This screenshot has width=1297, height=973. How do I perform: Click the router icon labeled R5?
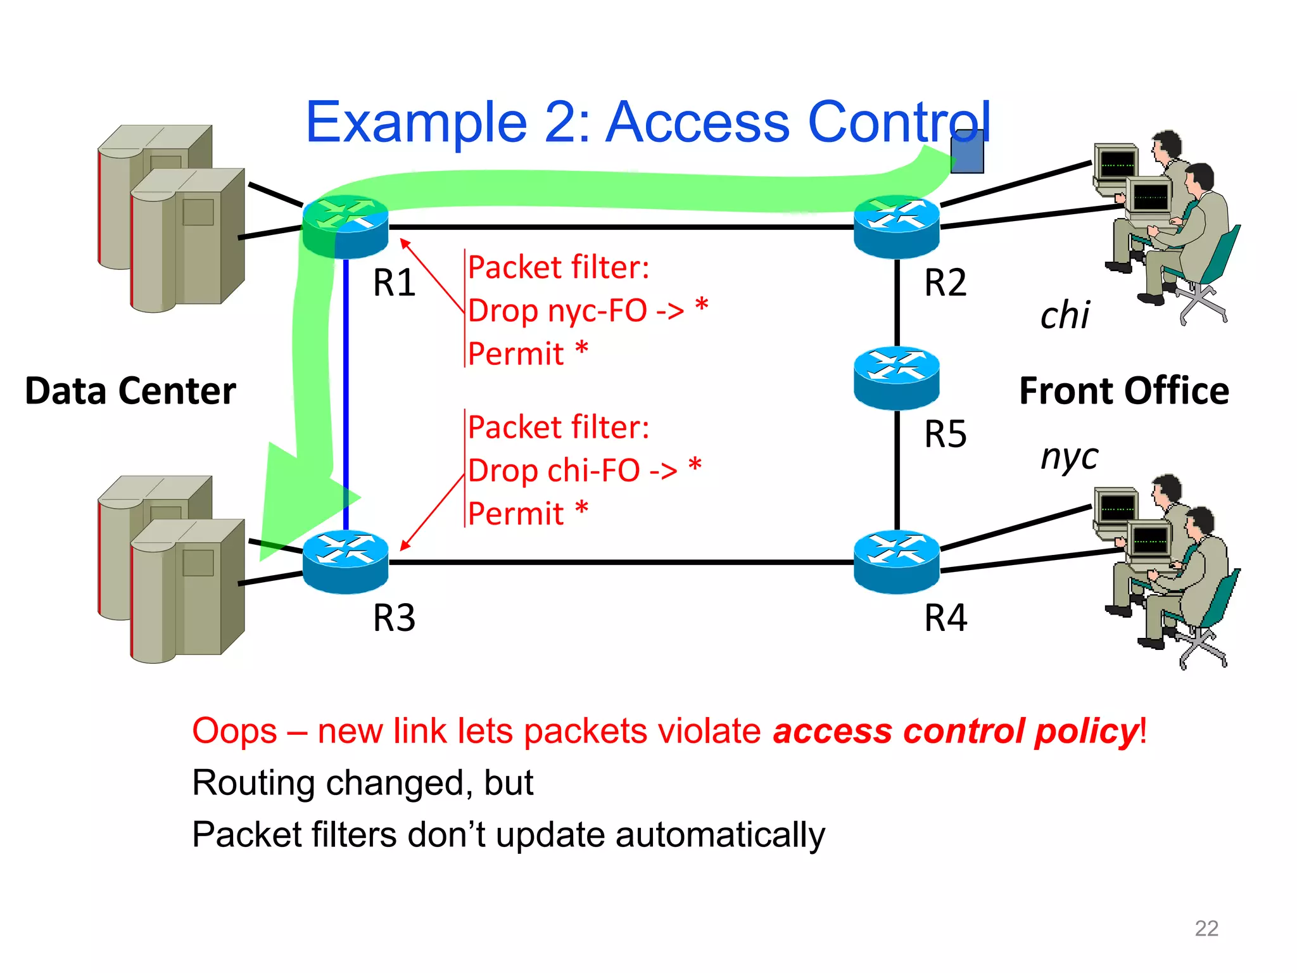[896, 378]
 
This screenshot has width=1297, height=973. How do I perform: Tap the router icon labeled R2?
[896, 227]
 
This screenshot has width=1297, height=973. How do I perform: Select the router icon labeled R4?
[896, 562]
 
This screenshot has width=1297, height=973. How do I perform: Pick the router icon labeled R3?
[345, 562]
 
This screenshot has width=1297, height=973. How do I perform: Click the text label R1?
[394, 283]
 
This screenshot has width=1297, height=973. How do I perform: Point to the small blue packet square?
[967, 152]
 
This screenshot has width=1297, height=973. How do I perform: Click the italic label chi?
[1065, 315]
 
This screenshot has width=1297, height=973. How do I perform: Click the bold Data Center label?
[130, 391]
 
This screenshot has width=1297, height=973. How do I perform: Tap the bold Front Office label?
[1124, 391]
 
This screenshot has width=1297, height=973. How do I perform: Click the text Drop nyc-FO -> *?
[588, 310]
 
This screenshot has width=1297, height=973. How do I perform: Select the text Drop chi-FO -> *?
[584, 471]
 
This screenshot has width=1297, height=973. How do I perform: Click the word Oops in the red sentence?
[234, 731]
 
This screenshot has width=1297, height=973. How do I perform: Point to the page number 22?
[1206, 928]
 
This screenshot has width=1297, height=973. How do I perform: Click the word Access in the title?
[698, 122]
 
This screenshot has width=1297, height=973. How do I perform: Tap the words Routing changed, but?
[363, 783]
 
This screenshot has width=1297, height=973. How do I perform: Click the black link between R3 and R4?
[621, 562]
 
